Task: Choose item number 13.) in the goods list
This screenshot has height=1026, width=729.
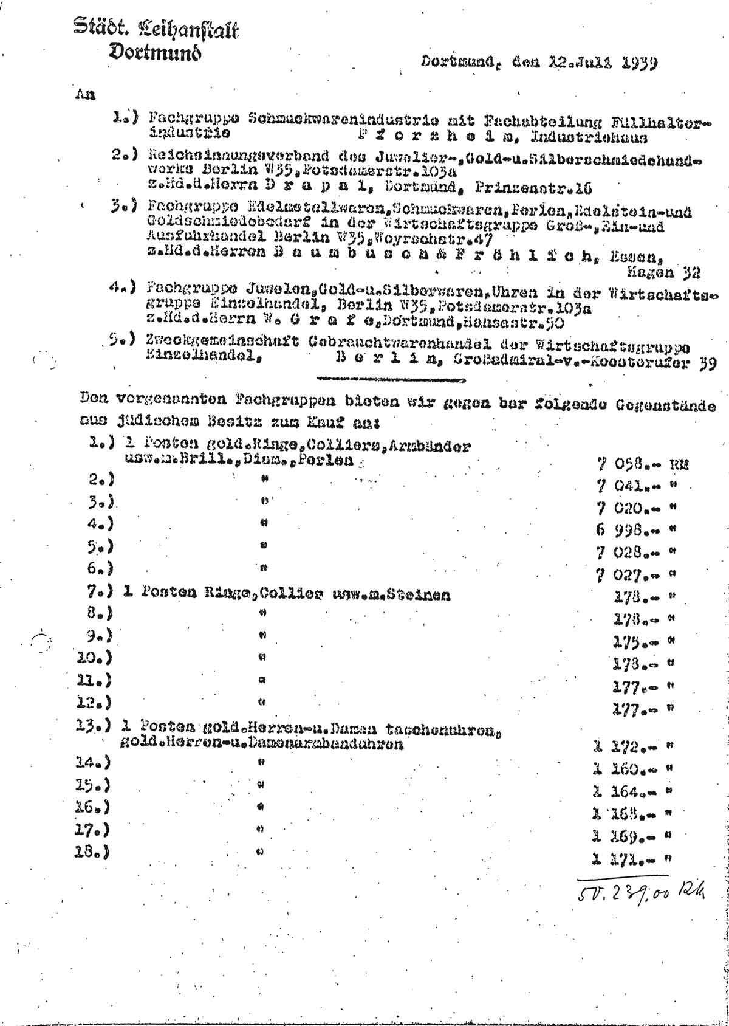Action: [97, 725]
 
